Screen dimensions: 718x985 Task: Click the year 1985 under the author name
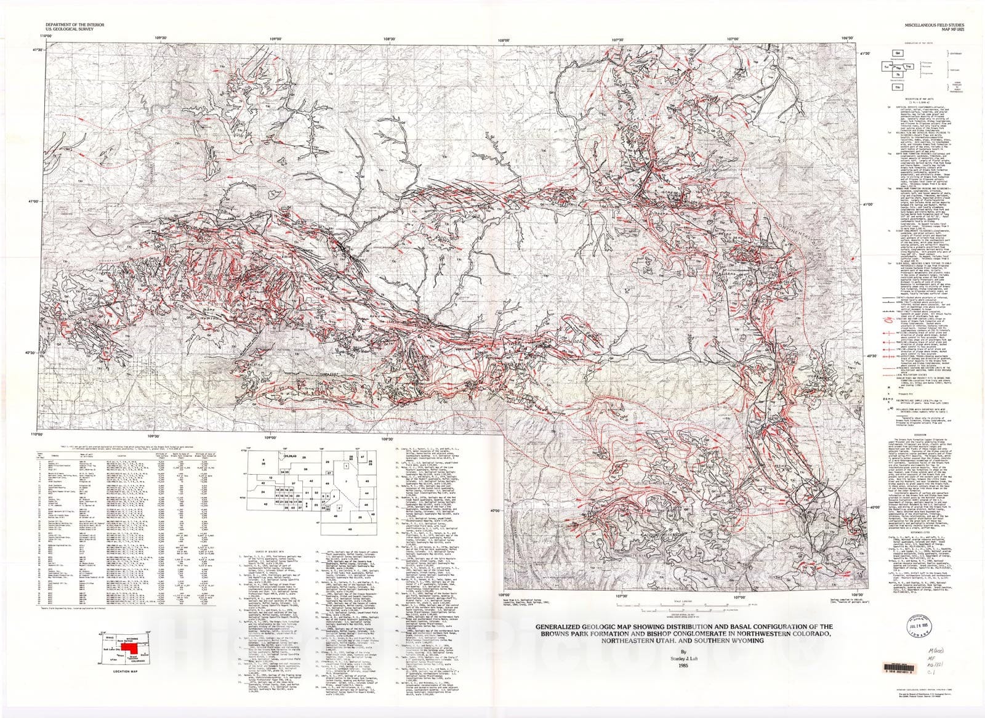[681, 665]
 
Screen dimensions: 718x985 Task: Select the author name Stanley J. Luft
[681, 658]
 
